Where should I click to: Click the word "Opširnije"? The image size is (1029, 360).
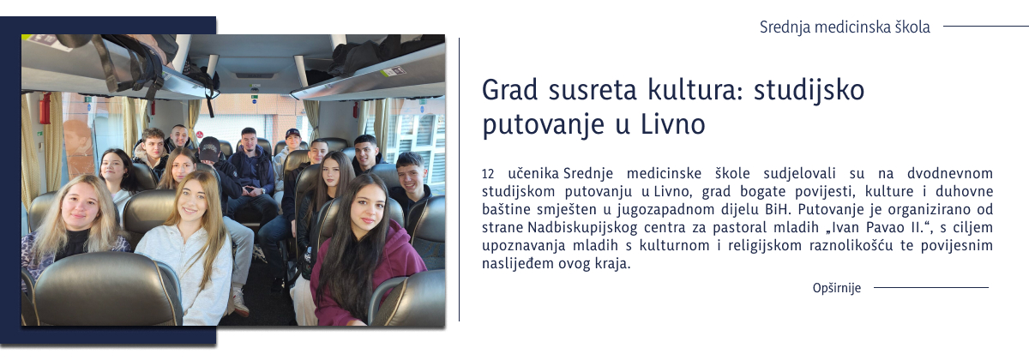[x=836, y=288]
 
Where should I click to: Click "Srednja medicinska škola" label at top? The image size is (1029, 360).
[x=844, y=27]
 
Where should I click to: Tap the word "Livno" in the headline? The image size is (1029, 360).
[x=672, y=124]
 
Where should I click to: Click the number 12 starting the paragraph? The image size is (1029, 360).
[x=488, y=174]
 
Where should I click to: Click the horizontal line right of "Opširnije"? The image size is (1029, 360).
[x=930, y=288]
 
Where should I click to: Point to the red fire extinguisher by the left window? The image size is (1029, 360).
[x=45, y=109]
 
